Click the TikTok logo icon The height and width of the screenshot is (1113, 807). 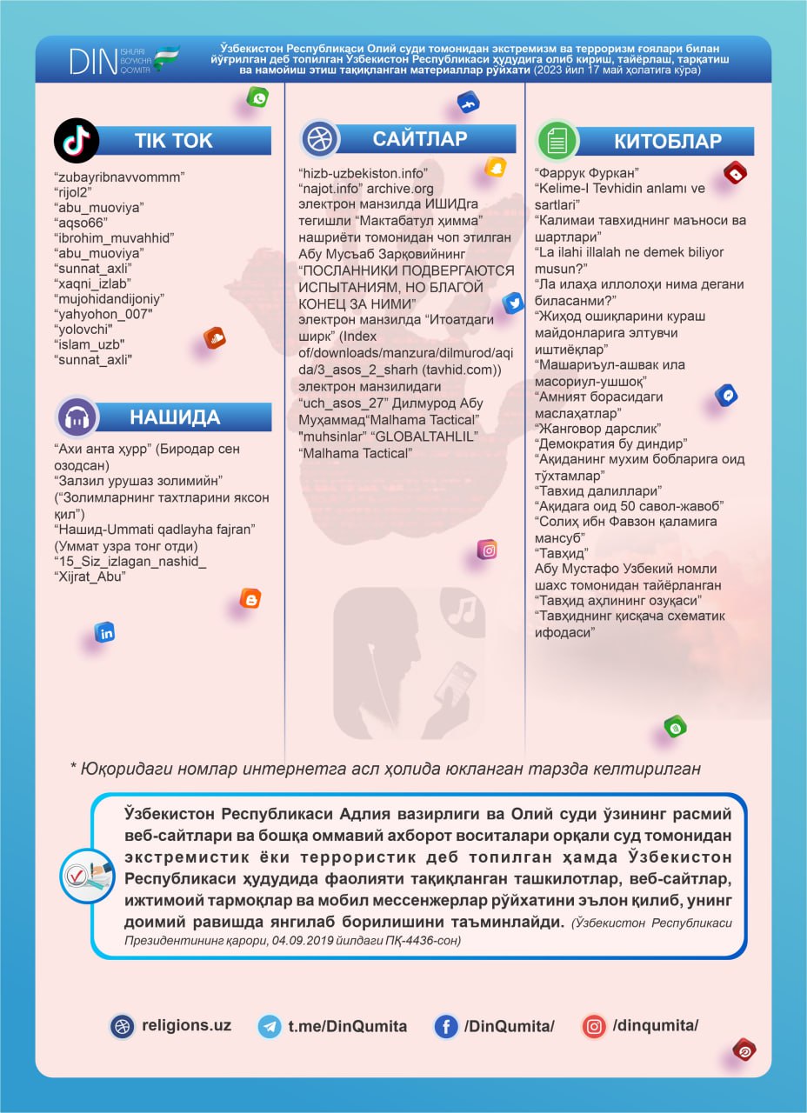77,140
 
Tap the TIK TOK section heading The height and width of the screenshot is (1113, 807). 173,141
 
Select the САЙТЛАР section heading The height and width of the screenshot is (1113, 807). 420,138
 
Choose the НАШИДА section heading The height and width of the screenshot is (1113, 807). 175,417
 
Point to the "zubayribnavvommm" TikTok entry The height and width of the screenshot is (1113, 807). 119,177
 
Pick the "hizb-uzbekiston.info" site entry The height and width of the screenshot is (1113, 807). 363,173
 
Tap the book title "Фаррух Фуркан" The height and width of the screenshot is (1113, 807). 587,173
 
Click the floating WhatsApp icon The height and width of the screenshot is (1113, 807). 257,97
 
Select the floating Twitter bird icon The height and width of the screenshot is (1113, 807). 513,303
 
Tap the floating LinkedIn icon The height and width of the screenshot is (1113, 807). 105,633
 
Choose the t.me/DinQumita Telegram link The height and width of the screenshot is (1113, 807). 347,1026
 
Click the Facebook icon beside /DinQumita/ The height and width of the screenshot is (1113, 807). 446,1026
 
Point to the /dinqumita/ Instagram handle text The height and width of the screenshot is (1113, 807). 655,1025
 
